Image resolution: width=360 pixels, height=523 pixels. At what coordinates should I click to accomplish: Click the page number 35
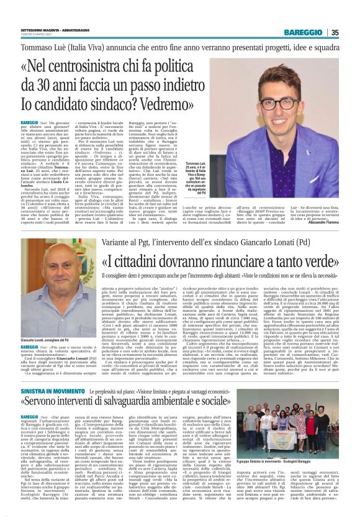point(335,32)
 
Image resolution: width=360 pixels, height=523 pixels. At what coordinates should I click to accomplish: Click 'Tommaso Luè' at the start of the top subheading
point(40,47)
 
